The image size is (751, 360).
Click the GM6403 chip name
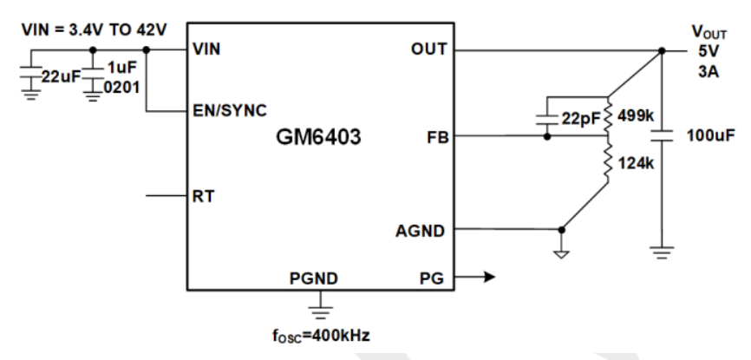tap(317, 136)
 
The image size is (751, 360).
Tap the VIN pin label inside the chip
tap(206, 49)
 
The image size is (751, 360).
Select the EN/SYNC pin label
tap(229, 110)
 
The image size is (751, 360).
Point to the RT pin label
tap(204, 196)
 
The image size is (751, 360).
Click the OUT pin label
tap(429, 49)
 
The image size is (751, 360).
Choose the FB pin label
tap(435, 136)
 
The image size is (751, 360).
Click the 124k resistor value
tap(635, 162)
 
